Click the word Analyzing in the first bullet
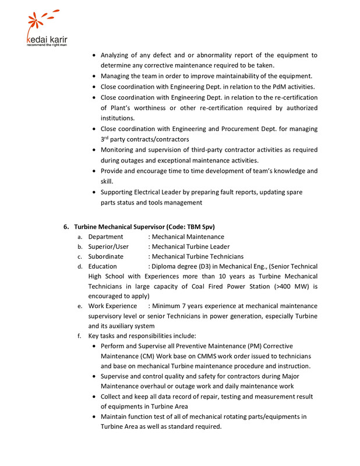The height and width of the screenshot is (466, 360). tap(118, 55)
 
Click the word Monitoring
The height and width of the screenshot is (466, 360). tap(122, 150)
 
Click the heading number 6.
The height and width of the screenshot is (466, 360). tap(66, 226)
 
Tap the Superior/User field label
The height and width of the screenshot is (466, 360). tap(108, 246)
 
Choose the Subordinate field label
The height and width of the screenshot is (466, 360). tap(105, 256)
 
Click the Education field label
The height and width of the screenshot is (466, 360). tap(103, 266)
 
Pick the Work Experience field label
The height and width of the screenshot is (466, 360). tap(112, 306)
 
